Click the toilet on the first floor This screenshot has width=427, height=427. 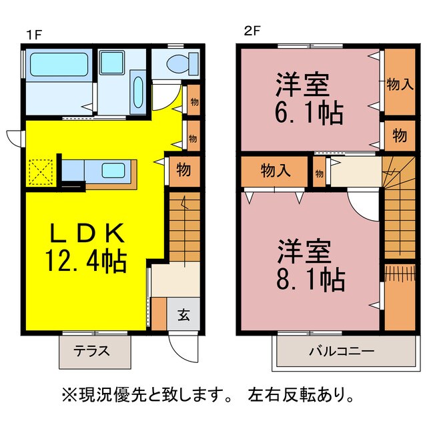pos(179,64)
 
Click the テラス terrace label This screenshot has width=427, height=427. pos(92,351)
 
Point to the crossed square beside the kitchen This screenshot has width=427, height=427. pos(41,173)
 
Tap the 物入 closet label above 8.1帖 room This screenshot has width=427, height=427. pos(276,170)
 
